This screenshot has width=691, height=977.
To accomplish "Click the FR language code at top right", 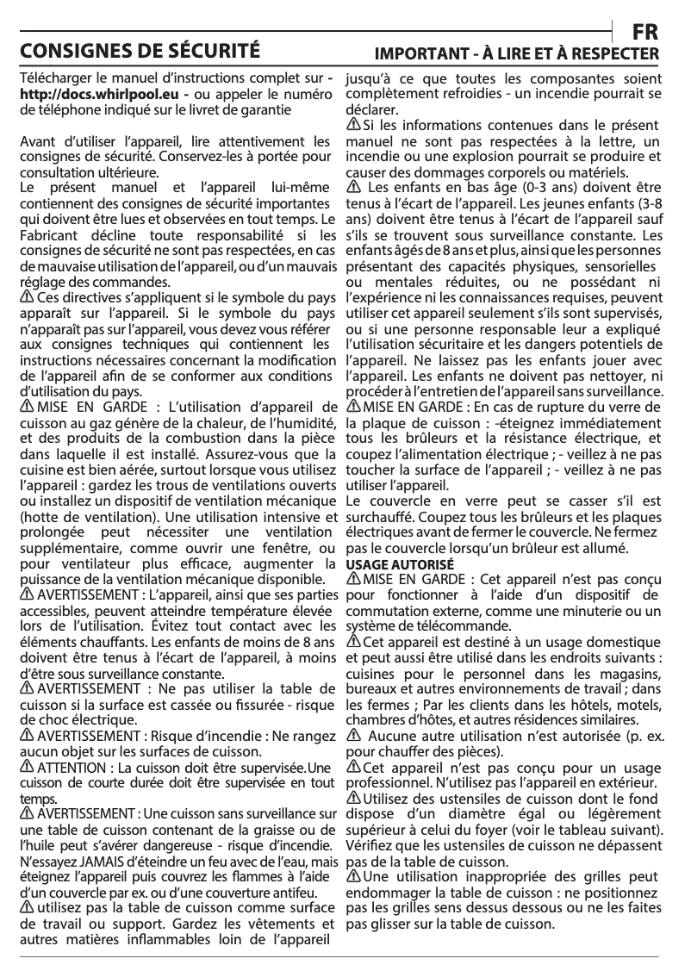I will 645,31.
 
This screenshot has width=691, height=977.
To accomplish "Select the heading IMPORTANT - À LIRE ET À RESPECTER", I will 515,54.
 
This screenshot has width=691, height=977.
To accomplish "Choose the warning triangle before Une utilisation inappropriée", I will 353,876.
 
